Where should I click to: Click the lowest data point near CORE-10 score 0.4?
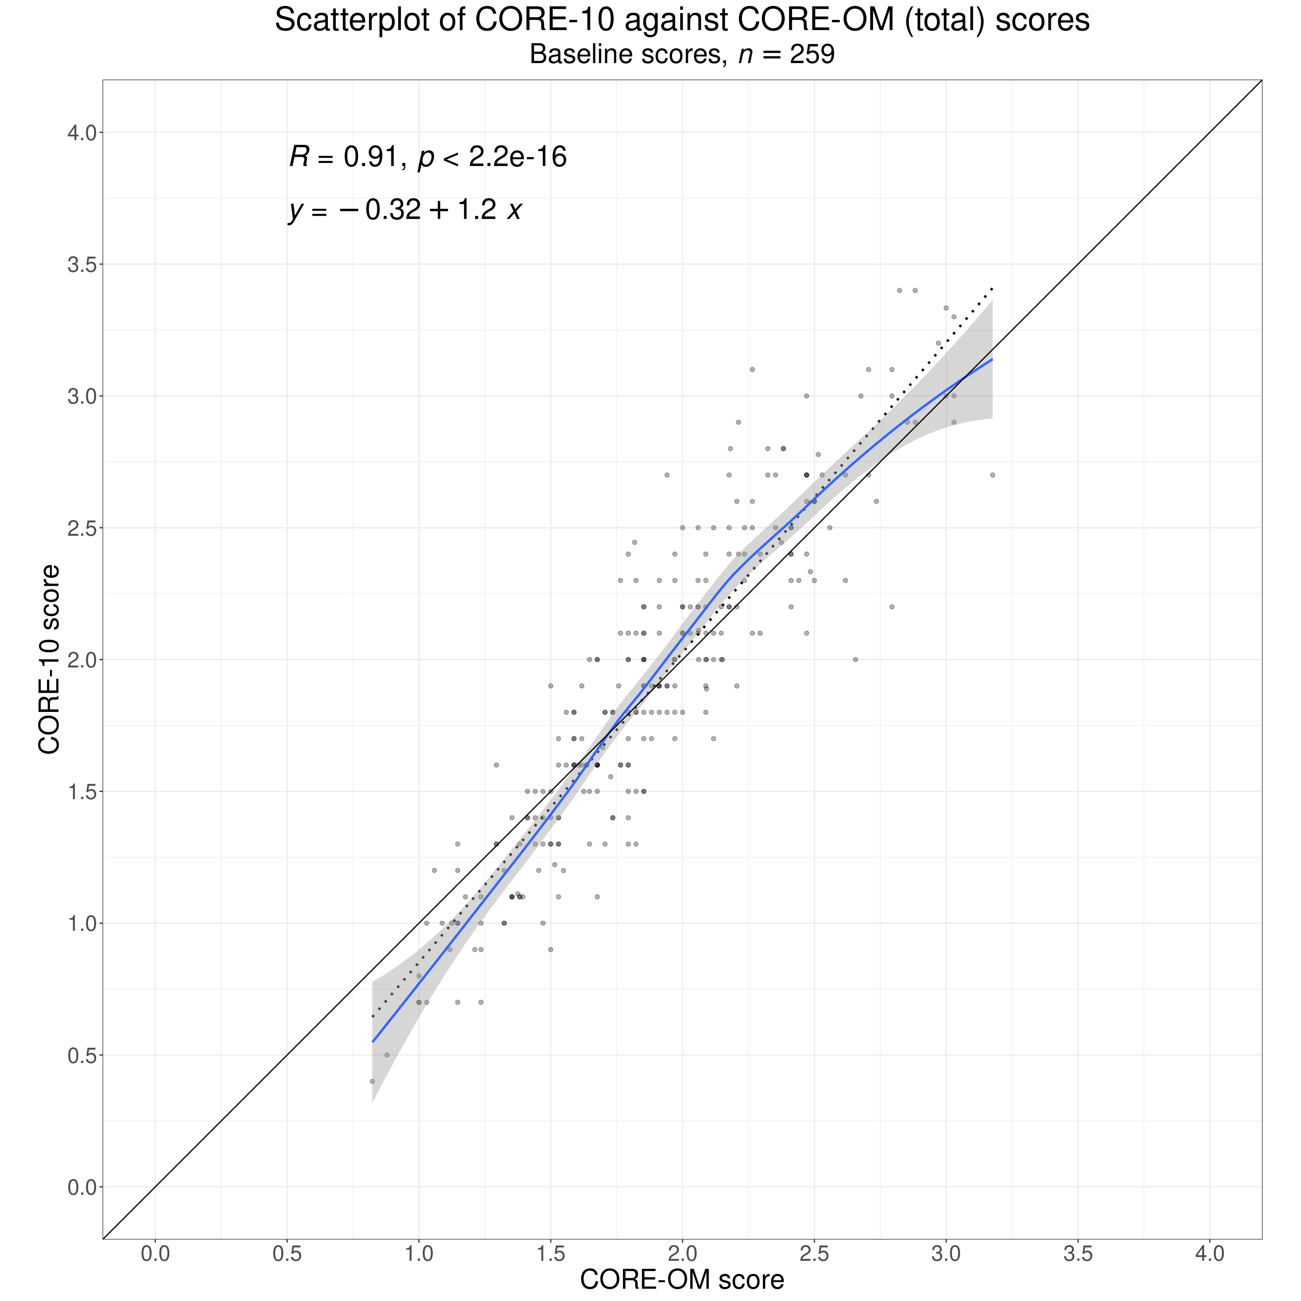coord(372,1081)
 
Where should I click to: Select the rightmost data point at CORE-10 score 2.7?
coord(992,475)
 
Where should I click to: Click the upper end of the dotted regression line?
coord(992,289)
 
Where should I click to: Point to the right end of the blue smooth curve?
coord(992,360)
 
